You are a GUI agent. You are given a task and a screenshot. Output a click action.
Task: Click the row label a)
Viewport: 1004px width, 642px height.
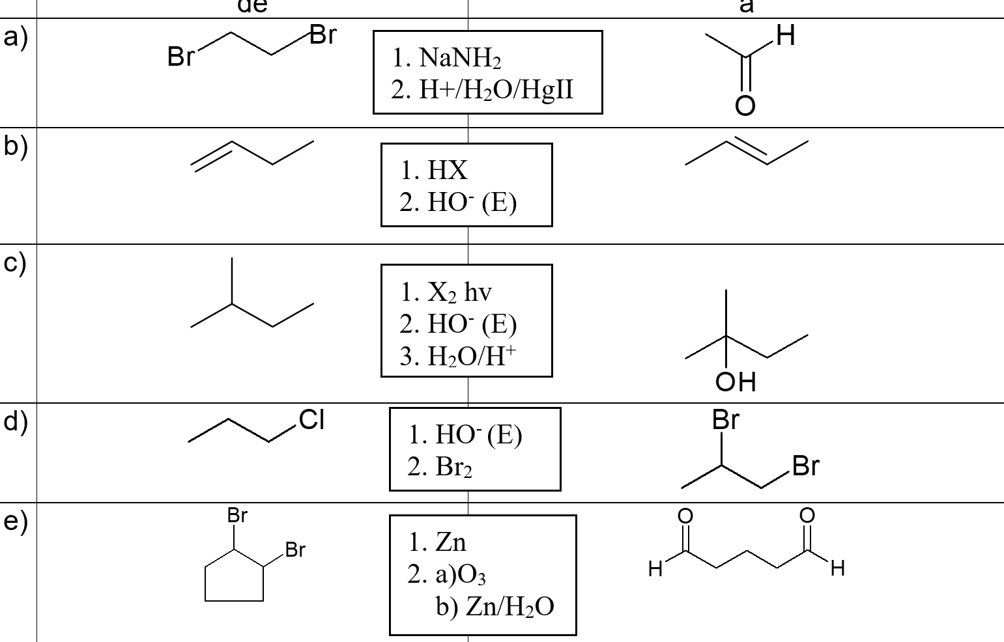pyautogui.click(x=15, y=37)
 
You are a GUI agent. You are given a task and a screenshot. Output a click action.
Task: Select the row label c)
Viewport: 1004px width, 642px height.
pyautogui.click(x=15, y=262)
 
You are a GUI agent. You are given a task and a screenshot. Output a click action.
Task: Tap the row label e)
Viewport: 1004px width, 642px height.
pyautogui.click(x=15, y=521)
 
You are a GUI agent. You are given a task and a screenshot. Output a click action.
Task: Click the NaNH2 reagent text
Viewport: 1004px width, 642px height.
pyautogui.click(x=446, y=58)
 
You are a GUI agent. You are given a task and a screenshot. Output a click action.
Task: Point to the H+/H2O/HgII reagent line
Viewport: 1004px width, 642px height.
pyautogui.click(x=482, y=89)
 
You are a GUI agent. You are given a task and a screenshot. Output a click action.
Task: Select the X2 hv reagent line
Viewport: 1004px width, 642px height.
pyautogui.click(x=446, y=292)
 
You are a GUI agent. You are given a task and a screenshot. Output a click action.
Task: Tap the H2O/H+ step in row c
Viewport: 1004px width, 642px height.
pyautogui.click(x=457, y=356)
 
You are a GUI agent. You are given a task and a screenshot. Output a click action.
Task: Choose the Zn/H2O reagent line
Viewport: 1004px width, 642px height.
pyautogui.click(x=495, y=606)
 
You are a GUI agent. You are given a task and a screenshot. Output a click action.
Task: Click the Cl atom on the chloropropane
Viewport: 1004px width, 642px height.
pyautogui.click(x=312, y=420)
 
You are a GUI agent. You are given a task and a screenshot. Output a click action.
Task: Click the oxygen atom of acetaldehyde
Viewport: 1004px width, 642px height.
pyautogui.click(x=745, y=106)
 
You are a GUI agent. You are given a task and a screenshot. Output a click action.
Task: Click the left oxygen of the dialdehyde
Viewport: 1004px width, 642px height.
pyautogui.click(x=685, y=516)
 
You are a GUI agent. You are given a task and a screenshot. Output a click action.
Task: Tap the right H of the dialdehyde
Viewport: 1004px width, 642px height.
pyautogui.click(x=838, y=568)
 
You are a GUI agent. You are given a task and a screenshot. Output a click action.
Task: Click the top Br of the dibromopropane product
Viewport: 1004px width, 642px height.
pyautogui.click(x=725, y=420)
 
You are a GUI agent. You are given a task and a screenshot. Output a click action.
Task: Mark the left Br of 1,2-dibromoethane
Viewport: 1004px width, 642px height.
pyautogui.click(x=180, y=57)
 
